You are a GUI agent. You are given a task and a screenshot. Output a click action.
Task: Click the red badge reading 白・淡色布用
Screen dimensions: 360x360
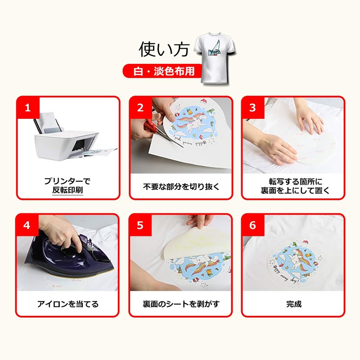click(159, 71)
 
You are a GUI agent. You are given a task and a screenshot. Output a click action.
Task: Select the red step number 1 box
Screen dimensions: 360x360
click(27, 108)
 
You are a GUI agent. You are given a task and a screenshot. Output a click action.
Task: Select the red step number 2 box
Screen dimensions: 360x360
click(140, 108)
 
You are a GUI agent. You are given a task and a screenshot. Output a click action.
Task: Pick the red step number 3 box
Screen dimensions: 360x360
click(252, 108)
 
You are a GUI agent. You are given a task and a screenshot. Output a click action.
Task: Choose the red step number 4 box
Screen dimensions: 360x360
click(27, 225)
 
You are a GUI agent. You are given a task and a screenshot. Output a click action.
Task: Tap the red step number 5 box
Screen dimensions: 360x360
click(140, 225)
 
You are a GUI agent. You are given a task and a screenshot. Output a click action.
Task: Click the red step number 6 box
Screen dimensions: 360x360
click(252, 225)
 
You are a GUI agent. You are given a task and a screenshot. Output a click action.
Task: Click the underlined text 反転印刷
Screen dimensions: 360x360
click(67, 190)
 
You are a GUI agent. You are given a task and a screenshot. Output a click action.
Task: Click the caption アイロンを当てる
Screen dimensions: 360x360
click(68, 304)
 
